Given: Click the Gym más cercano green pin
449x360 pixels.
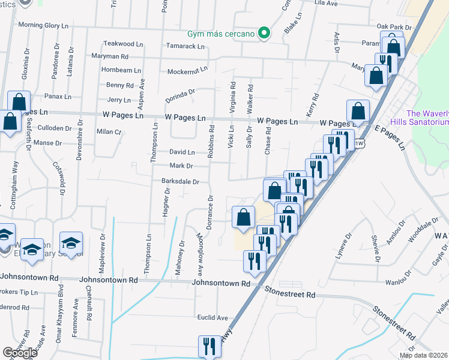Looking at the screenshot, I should tap(262, 32).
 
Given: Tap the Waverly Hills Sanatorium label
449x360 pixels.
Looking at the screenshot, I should tap(427, 118).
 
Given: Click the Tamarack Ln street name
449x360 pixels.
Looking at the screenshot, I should tap(185, 46).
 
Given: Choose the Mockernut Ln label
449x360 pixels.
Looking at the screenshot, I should tap(187, 69).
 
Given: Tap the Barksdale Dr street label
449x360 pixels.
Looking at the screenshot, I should tap(179, 181).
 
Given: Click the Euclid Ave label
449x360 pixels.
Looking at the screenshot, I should tap(213, 317).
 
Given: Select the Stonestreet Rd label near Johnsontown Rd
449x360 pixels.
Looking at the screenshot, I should tap(289, 295).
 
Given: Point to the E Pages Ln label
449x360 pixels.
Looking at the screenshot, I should tap(388, 138).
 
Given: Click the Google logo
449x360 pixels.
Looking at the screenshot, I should tap(20, 353).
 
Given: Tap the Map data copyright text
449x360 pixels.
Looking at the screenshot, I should tap(424, 355).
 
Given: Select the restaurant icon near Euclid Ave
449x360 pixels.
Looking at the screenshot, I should tap(209, 346).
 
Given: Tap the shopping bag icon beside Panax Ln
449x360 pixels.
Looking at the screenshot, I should tap(19, 101).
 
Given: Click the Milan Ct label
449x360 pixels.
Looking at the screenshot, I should tap(109, 131).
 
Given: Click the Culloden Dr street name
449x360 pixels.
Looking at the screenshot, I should tap(55, 128).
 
